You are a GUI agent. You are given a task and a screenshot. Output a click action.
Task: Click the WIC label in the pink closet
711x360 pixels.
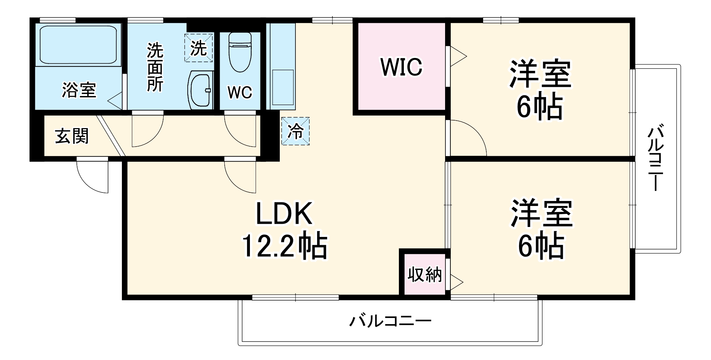pos(401,67)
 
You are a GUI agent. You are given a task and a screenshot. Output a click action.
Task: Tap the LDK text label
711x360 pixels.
pos(284,214)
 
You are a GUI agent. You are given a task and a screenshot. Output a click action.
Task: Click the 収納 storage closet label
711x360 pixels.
pos(424,275)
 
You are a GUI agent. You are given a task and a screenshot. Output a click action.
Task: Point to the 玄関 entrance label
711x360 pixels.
pos(71,136)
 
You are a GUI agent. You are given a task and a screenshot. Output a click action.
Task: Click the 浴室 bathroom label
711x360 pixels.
pos(79,90)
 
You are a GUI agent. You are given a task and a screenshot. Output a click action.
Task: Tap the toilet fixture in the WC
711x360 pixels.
pos(240,52)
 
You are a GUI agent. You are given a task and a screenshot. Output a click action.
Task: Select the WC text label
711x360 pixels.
pos(240,92)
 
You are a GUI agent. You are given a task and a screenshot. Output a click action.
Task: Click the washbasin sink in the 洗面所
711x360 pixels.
pos(201,90)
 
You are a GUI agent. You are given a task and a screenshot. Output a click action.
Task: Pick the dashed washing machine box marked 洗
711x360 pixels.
pos(198,48)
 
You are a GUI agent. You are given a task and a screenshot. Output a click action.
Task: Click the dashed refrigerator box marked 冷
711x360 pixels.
pos(295,131)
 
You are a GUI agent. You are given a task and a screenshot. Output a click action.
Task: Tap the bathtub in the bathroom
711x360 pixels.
pos(78,44)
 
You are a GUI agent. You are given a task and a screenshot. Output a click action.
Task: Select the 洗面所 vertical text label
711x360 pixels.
pos(155,68)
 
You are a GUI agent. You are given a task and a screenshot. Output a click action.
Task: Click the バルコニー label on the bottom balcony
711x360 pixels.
pos(390,321)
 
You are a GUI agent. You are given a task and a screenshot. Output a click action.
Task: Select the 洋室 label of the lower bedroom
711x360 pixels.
pos(541,213)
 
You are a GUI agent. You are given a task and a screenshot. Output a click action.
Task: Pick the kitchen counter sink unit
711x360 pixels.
pos(283,87)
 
